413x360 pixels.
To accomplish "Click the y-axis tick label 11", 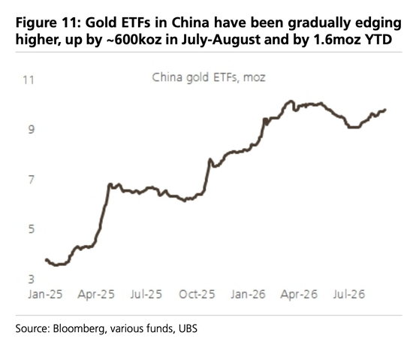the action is click(29, 80).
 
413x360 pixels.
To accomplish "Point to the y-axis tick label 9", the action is click(32, 129).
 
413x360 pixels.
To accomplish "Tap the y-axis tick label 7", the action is click(32, 179).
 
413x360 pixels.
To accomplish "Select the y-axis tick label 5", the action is click(32, 228).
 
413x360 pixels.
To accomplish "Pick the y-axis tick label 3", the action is click(32, 279).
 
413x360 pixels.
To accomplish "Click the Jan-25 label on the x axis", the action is click(45, 294).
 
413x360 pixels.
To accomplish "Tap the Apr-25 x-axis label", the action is click(96, 294).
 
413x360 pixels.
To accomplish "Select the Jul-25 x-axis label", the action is click(146, 294).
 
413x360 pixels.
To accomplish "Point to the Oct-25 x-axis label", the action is click(197, 294).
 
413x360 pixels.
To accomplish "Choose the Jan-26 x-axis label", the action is click(248, 294).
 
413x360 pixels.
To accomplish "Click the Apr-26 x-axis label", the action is click(299, 294).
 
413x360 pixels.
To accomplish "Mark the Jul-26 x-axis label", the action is click(349, 294).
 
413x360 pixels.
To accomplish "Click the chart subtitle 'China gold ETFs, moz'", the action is click(209, 77).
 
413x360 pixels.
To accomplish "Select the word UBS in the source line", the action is click(188, 328).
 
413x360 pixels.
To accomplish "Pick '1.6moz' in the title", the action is click(338, 40).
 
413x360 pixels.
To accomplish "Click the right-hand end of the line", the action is click(385, 110).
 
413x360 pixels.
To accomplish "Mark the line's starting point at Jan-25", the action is click(47, 260).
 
